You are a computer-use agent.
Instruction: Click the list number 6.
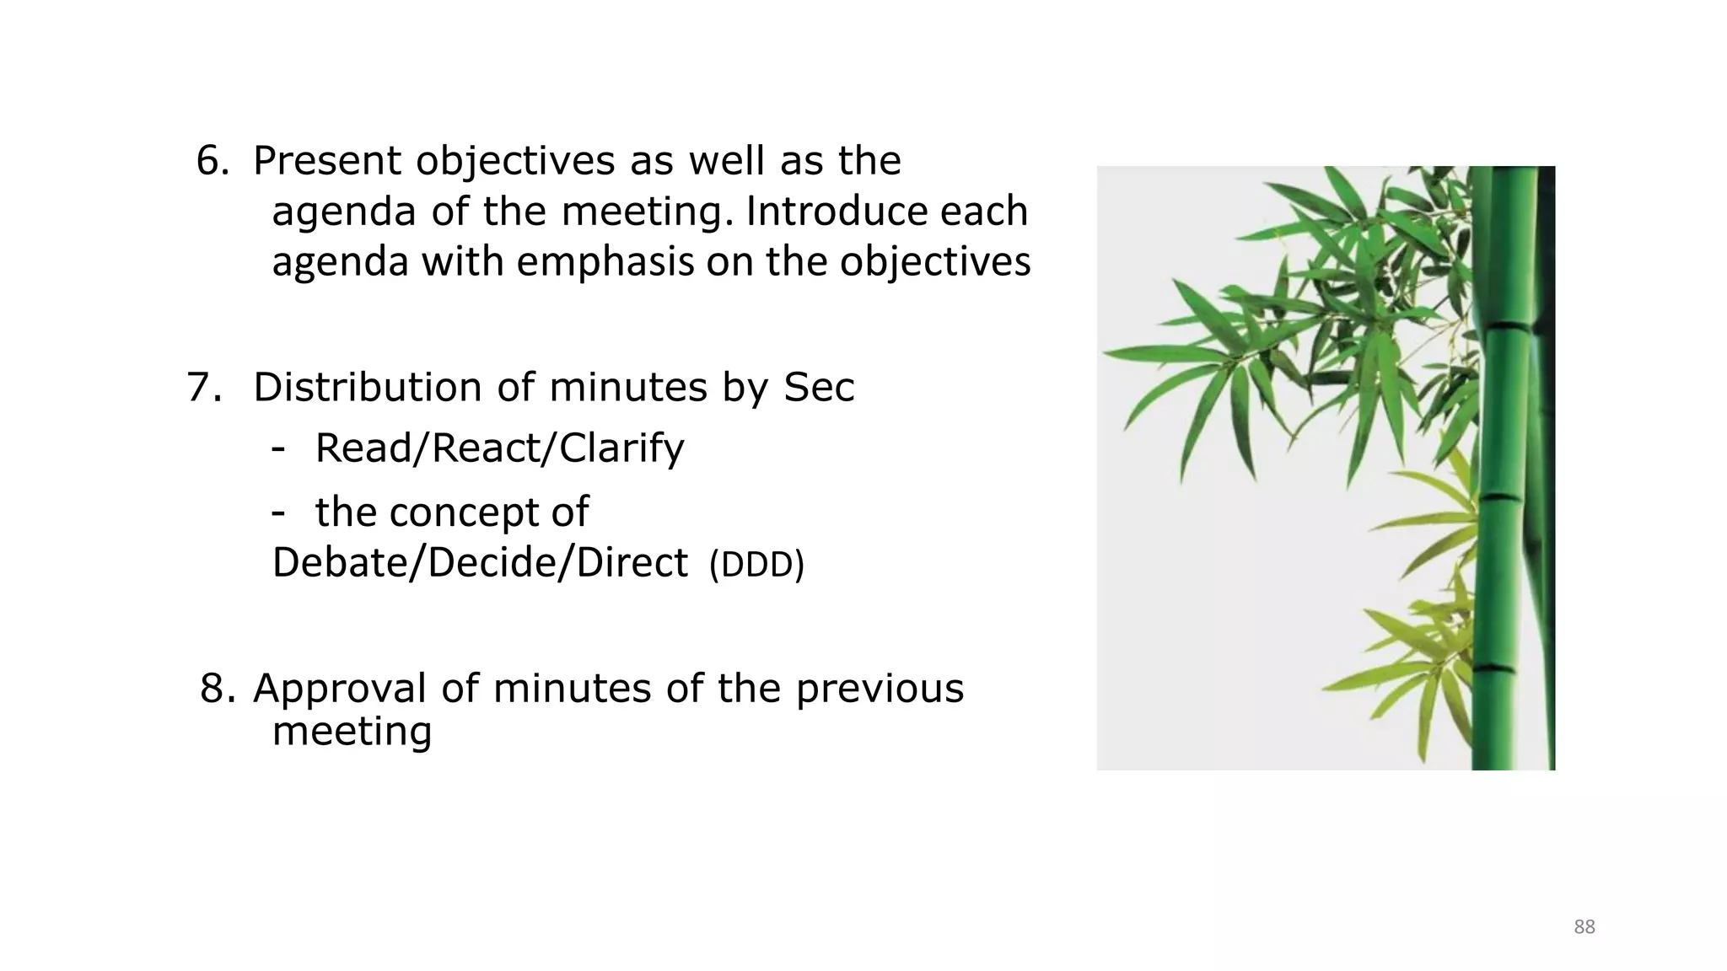coord(212,160)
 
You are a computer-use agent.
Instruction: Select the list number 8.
coord(218,688)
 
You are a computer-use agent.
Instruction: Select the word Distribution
coord(368,387)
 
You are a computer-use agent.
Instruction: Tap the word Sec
coord(819,387)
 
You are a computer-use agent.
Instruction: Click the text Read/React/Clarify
coord(499,448)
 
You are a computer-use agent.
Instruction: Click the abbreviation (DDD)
coord(756,565)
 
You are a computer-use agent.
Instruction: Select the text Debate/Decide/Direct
coord(480,562)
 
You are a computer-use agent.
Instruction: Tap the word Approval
coord(340,688)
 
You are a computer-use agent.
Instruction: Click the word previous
coord(880,688)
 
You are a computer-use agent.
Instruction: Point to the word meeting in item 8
coord(352,731)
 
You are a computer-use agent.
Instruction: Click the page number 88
coord(1584,927)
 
